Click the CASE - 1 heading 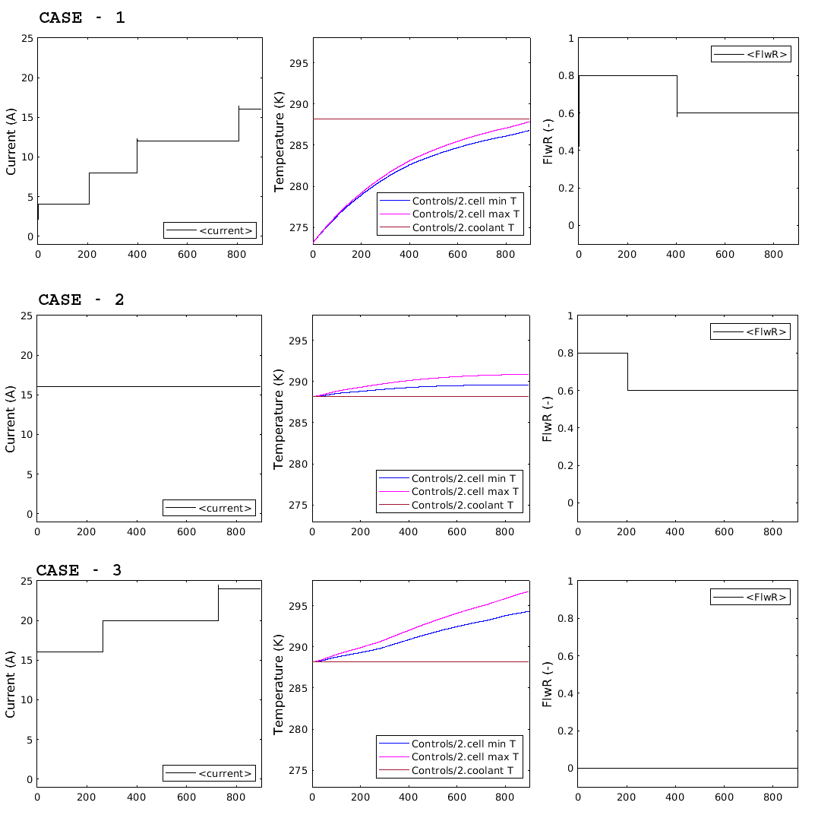(x=81, y=17)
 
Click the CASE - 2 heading (x=81, y=300)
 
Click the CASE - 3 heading (x=79, y=570)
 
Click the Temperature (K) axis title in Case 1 (x=280, y=141)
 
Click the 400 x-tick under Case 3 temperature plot (x=409, y=798)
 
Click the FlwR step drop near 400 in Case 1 (x=677, y=94)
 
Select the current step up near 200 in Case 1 (x=89, y=189)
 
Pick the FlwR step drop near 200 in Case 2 (x=627, y=372)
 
